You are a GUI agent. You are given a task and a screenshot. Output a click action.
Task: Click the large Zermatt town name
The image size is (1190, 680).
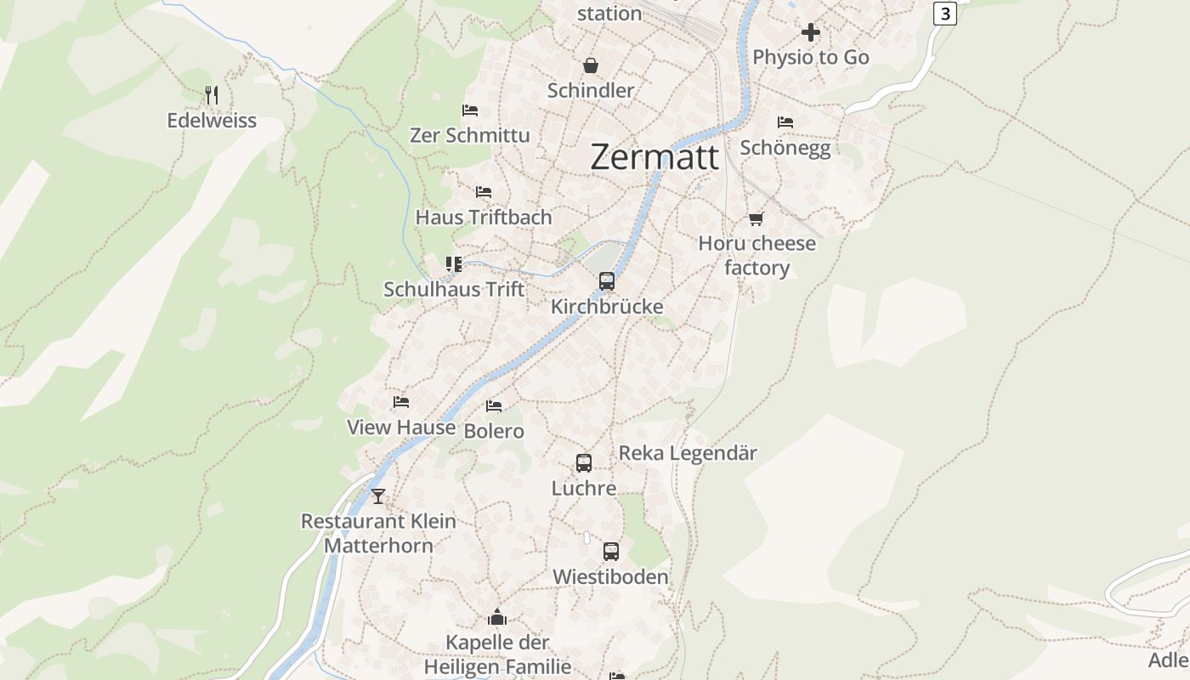(654, 157)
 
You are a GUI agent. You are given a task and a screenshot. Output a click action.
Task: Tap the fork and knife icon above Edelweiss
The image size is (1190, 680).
(212, 95)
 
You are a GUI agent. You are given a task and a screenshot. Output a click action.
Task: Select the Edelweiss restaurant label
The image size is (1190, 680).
(212, 121)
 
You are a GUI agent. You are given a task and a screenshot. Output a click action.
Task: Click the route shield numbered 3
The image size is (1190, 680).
(944, 14)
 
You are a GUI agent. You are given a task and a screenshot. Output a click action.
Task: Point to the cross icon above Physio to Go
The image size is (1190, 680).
(811, 32)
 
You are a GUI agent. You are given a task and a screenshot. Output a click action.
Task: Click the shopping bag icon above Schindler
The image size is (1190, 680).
(590, 65)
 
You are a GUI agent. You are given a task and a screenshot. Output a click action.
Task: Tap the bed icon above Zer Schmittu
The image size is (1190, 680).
(470, 110)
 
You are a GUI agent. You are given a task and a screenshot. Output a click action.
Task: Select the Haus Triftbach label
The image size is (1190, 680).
(484, 218)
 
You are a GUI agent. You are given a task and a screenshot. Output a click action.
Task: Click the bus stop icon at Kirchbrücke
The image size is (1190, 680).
(607, 281)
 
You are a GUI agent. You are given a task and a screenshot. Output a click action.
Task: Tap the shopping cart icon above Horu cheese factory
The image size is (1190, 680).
(756, 218)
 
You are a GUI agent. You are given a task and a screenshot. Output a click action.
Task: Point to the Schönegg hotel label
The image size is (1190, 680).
(785, 148)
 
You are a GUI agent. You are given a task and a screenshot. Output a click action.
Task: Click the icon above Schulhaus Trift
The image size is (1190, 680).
(454, 264)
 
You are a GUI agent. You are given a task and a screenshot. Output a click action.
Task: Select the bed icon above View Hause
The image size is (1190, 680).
(401, 402)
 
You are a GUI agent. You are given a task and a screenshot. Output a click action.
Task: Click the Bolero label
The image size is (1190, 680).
(494, 432)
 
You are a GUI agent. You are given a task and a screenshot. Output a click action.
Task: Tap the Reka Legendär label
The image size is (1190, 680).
(688, 453)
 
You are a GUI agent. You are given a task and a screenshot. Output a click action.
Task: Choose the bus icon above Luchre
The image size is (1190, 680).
(584, 463)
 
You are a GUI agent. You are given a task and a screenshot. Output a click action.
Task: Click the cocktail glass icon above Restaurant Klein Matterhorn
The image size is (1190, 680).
(378, 496)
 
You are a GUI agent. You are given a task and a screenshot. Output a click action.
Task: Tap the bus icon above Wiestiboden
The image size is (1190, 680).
(611, 552)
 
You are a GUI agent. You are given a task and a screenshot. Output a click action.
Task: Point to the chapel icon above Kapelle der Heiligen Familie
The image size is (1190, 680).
(497, 617)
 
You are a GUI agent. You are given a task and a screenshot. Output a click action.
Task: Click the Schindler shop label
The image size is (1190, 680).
(591, 91)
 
